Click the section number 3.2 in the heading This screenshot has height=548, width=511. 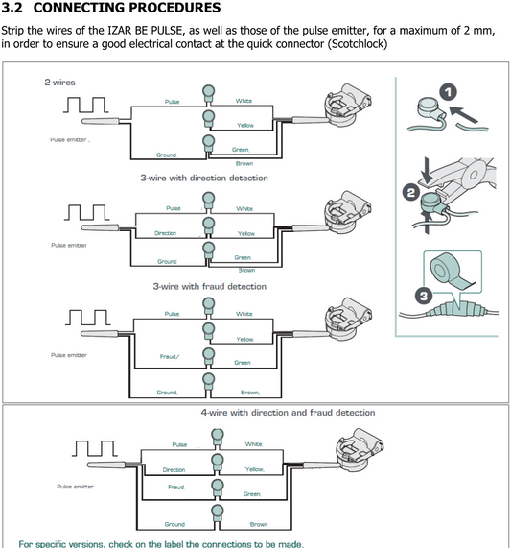point(12,8)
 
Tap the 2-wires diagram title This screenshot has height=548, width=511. point(59,83)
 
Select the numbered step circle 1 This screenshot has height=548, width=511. point(448,92)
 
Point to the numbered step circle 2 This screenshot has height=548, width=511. point(411,193)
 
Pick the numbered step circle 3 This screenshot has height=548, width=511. point(424,296)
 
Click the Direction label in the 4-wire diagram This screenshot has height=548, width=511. point(174,470)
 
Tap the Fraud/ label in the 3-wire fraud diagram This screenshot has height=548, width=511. point(170,357)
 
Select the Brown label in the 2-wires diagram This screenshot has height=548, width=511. point(244,163)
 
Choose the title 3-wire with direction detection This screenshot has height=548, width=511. point(204,178)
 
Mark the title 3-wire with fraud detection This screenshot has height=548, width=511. point(209,287)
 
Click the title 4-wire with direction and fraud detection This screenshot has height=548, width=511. point(288,413)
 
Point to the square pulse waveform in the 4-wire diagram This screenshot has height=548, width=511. point(95,448)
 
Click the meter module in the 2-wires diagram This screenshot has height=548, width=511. point(348,105)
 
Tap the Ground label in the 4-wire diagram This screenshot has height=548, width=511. point(174,524)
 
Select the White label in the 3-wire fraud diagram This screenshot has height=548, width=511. point(244,314)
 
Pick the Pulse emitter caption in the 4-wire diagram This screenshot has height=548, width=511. point(75,487)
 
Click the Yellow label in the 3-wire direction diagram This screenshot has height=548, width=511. point(246,233)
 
